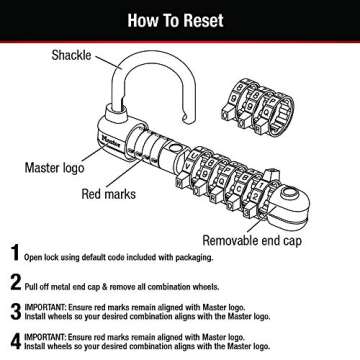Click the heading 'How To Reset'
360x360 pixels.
pos(180,16)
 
